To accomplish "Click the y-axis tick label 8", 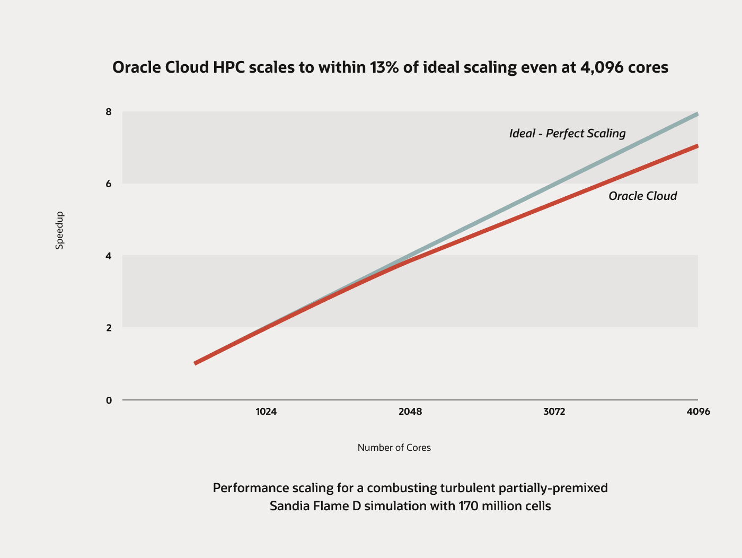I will coord(109,112).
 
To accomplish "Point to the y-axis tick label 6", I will coord(109,184).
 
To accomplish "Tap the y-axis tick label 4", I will coord(109,256).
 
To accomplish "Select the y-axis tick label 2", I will coord(109,328).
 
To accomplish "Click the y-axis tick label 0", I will coord(109,400).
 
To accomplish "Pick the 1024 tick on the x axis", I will coord(266,412).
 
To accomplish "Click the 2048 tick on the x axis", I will coord(410,412).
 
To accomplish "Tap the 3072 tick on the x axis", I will coord(554,412).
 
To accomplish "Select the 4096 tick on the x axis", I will coord(698,412).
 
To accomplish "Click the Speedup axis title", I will coord(59,230).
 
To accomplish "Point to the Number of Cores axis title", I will coord(394,448).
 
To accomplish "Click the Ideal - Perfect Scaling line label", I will coord(567,133).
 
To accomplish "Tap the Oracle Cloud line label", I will coord(642,196).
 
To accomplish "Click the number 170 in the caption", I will coord(466,506).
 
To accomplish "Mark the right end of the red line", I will coord(697,146).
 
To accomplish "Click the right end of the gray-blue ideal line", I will coord(697,114).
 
